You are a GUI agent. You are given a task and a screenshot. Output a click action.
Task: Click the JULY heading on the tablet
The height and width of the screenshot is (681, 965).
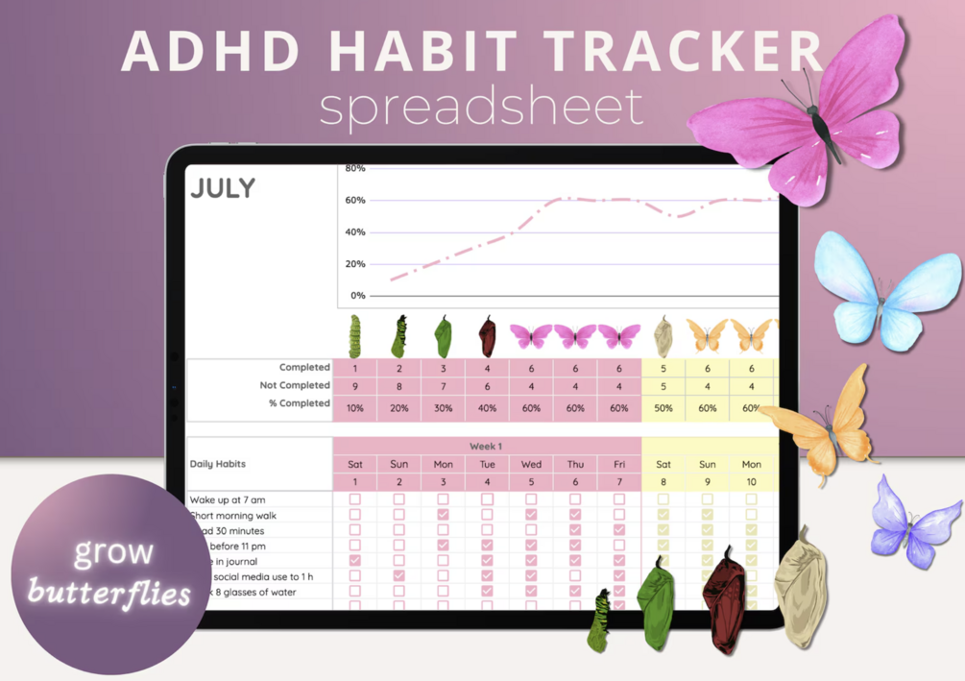[x=223, y=187]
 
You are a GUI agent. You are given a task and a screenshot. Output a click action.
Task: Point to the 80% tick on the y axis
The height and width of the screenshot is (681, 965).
[x=354, y=169]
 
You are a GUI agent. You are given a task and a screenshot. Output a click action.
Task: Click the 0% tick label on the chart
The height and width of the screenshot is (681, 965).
[x=357, y=296]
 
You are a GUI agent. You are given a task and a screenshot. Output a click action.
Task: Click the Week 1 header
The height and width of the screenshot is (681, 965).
[x=486, y=447]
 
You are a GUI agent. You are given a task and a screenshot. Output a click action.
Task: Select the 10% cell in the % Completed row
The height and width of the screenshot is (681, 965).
[x=354, y=408]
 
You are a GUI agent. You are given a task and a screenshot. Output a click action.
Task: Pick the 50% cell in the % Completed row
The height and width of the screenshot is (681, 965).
[x=663, y=408]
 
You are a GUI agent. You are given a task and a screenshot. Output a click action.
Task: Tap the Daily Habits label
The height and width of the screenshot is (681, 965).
[x=218, y=464]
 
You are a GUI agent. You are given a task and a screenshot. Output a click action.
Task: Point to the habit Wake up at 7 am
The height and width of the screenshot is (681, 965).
[x=228, y=499]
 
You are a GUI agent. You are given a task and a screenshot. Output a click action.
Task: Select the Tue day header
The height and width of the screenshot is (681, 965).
[x=487, y=464]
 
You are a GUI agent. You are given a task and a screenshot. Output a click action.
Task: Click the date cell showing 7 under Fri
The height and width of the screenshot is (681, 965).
[x=618, y=481]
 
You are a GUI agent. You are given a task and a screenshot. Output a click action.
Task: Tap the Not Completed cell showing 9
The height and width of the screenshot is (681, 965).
[x=354, y=385]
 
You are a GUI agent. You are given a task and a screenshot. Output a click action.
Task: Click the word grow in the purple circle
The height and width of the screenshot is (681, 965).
[x=113, y=551]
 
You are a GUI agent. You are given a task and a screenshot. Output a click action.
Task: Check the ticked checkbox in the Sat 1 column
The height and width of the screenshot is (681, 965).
[x=354, y=561]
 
